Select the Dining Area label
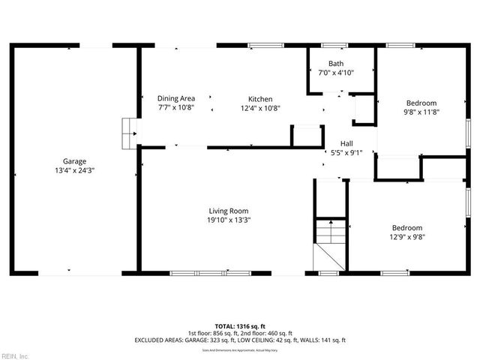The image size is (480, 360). click(x=176, y=98)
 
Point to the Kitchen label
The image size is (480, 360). click(x=260, y=99)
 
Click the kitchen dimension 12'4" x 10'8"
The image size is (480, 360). click(x=260, y=108)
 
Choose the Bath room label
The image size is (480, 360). click(x=336, y=64)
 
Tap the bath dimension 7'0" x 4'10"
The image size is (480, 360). click(x=336, y=73)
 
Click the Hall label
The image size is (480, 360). click(x=346, y=143)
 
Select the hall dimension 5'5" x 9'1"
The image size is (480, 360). click(x=346, y=153)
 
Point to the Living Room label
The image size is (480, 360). click(x=228, y=211)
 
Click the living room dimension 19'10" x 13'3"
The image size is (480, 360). click(x=228, y=220)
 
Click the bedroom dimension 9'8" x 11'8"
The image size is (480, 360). click(x=421, y=112)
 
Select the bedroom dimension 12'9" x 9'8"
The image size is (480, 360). click(x=406, y=237)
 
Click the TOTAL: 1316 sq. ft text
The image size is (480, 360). click(x=239, y=326)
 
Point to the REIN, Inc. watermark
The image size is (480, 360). click(x=15, y=355)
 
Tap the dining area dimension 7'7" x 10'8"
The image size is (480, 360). click(x=176, y=108)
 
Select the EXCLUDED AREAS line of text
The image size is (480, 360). click(x=239, y=340)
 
